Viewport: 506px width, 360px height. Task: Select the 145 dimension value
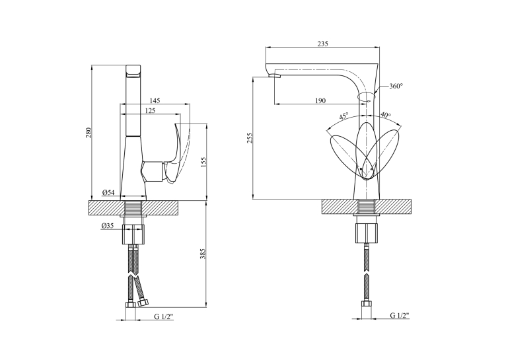click(x=155, y=100)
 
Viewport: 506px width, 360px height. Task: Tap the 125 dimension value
click(x=150, y=111)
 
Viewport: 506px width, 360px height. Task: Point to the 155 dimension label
click(x=203, y=161)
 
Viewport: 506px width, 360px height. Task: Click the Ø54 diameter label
click(x=108, y=193)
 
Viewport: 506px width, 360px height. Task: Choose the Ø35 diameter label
click(x=108, y=226)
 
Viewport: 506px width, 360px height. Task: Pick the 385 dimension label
click(x=203, y=254)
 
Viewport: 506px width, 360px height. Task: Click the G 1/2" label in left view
click(x=164, y=316)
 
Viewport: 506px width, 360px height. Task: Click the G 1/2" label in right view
click(x=400, y=315)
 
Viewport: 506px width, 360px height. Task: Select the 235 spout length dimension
click(x=323, y=44)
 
